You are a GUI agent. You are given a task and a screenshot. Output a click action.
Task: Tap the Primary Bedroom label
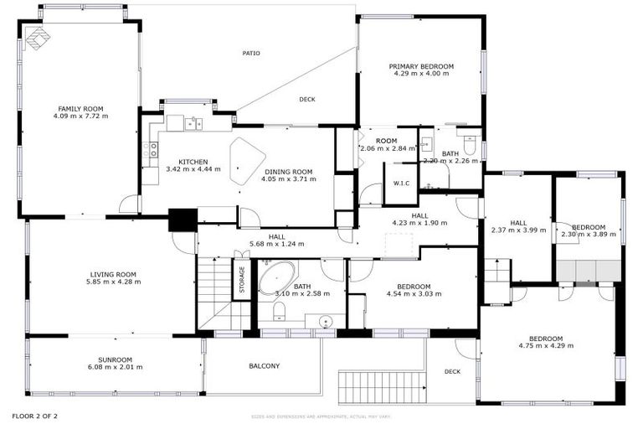click(421, 66)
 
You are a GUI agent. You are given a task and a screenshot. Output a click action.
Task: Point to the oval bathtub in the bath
click(276, 278)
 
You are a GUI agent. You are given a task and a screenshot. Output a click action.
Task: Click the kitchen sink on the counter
click(193, 124)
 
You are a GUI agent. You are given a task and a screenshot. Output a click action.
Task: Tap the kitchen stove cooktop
click(150, 150)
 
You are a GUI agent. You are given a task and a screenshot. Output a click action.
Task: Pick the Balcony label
click(264, 366)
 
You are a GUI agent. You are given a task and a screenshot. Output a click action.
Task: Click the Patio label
click(251, 53)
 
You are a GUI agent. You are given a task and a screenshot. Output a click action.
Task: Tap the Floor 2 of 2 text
click(34, 416)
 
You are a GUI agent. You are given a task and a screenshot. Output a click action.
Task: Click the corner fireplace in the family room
click(37, 38)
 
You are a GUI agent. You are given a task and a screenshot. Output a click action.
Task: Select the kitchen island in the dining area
click(247, 161)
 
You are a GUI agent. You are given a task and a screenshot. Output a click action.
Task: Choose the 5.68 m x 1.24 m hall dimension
click(276, 244)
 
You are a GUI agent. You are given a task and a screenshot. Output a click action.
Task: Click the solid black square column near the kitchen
click(182, 220)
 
